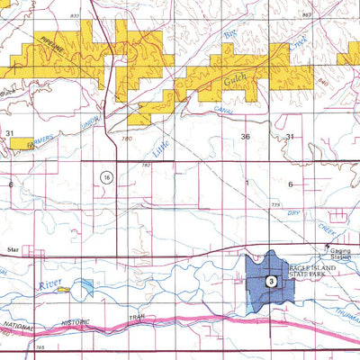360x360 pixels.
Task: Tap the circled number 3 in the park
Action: (x=270, y=283)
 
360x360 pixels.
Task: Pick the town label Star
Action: (x=13, y=243)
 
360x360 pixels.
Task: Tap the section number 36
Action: (x=246, y=136)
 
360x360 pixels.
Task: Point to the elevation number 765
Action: (x=40, y=346)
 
